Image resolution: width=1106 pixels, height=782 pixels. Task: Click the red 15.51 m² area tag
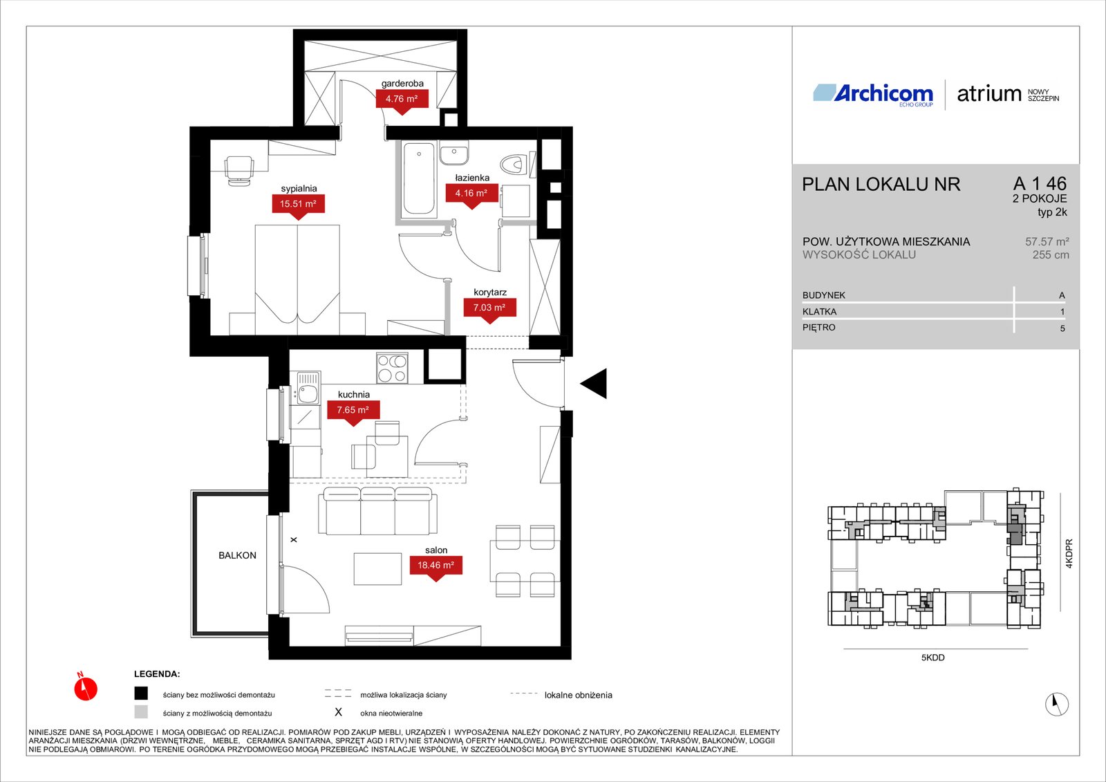pos(298,205)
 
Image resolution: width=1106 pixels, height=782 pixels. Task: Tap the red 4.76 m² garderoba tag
pos(402,100)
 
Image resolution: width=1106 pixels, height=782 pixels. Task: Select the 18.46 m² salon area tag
pos(436,566)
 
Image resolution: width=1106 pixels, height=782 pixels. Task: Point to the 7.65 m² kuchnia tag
pos(353,411)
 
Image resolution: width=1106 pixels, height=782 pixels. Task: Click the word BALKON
pos(238,555)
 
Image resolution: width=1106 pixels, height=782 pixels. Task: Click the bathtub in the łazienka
pos(419,178)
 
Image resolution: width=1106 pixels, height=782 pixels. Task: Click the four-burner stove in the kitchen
pos(392,368)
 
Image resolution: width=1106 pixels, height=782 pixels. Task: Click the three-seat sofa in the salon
pos(377,511)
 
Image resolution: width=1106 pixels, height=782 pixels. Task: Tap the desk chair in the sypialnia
pos(239,170)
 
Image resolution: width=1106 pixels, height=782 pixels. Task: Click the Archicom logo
pos(874,94)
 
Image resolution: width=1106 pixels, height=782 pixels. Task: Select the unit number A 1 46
pos(1040,184)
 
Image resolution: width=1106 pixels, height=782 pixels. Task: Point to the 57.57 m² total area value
pos(1047,241)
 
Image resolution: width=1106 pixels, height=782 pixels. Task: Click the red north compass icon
pos(86,688)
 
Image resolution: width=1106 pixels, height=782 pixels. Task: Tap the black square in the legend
pos(141,693)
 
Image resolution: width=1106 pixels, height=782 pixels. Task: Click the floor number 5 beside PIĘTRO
pos(1062,328)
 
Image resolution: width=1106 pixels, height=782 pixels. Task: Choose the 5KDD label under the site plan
pos(932,658)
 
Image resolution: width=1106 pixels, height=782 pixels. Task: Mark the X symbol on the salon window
pos(294,540)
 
